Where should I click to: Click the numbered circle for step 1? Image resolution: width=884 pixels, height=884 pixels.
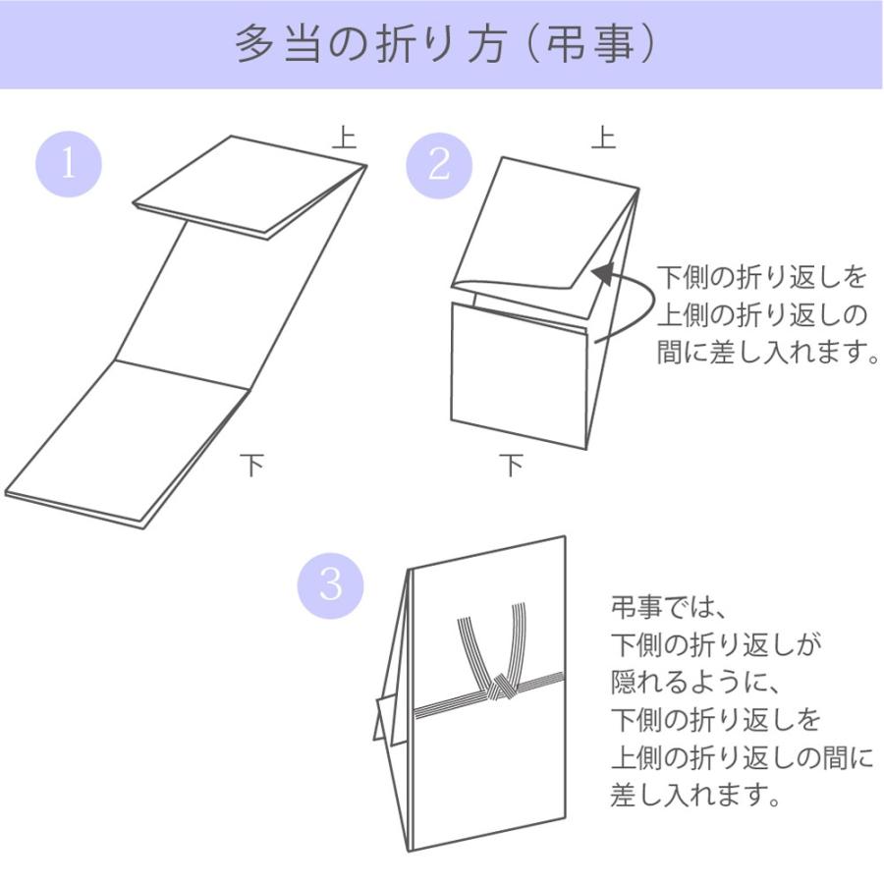coord(69,164)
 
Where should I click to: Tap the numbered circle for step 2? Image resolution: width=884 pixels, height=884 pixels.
coord(439,164)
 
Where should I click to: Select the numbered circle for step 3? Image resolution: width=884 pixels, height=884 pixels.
coord(331,585)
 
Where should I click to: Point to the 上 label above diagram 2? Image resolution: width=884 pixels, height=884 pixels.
coord(603,137)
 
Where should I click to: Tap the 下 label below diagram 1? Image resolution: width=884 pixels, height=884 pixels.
coord(252,465)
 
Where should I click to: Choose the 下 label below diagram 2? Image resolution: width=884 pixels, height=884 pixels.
coord(511,465)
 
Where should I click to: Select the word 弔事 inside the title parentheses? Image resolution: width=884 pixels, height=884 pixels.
coord(589,45)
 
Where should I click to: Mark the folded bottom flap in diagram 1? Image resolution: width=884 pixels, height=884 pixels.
coord(128,442)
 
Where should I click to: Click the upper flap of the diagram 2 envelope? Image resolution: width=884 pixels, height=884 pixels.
coord(540,226)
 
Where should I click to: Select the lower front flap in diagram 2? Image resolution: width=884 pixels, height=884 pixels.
coord(519,373)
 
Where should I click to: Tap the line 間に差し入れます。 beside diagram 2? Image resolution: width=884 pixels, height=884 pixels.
coord(767,353)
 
